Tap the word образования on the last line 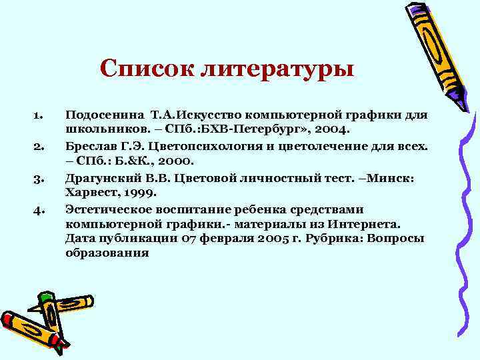coord(107,253)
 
